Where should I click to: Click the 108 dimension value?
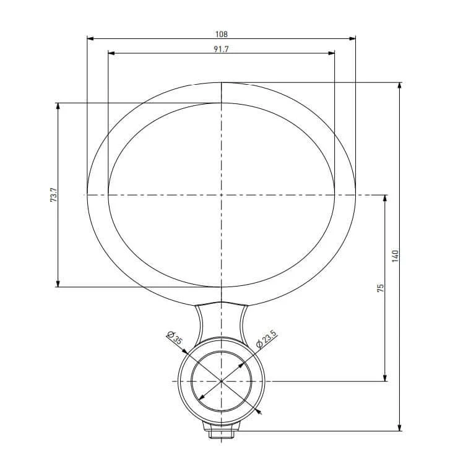[x=222, y=34]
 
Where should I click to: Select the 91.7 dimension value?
[x=221, y=49]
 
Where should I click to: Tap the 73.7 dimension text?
[x=54, y=195]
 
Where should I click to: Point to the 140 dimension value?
[x=395, y=256]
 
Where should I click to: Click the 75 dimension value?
[x=380, y=288]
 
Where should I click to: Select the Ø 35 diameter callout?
[x=175, y=338]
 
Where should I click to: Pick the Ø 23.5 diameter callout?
[x=266, y=339]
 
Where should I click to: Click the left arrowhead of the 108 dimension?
[x=90, y=38]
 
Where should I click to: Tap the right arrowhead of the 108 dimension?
[x=352, y=38]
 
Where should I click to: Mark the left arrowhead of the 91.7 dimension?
[x=111, y=53]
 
